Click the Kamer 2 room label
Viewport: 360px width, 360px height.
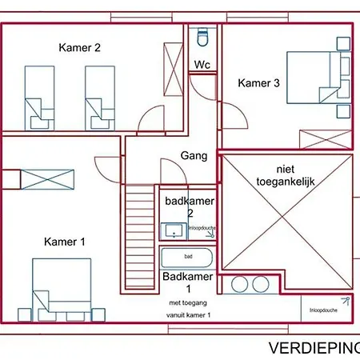pos(80,48)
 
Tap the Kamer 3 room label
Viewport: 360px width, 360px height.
pos(258,82)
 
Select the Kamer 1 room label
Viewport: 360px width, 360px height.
pos(65,242)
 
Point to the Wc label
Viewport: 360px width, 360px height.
pos(202,66)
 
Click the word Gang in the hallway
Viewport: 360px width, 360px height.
pos(194,156)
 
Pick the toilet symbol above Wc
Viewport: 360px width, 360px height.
pos(202,38)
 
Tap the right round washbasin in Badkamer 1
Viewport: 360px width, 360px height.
pos(258,284)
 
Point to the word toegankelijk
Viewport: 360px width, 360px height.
pos(286,182)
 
